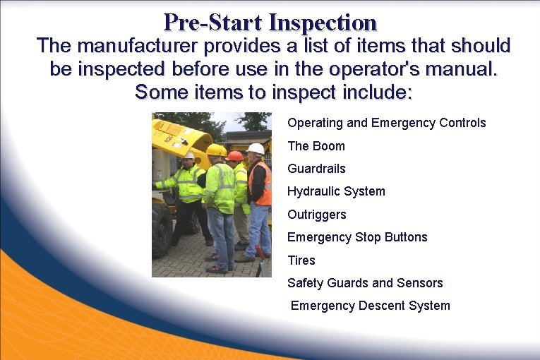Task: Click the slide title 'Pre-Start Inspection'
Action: point(270,23)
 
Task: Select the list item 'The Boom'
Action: point(316,146)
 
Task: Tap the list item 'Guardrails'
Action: point(316,169)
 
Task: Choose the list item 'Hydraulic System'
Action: point(336,191)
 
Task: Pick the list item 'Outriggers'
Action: point(317,215)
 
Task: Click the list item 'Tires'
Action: point(301,260)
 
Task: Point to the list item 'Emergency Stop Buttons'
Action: point(357,237)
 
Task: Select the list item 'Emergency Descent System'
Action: point(370,306)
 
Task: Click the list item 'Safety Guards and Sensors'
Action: point(365,283)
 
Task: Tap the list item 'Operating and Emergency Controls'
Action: point(386,123)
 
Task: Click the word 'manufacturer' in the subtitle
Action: point(139,47)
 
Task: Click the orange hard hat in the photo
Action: point(235,155)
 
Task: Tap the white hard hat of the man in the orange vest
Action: point(256,148)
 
